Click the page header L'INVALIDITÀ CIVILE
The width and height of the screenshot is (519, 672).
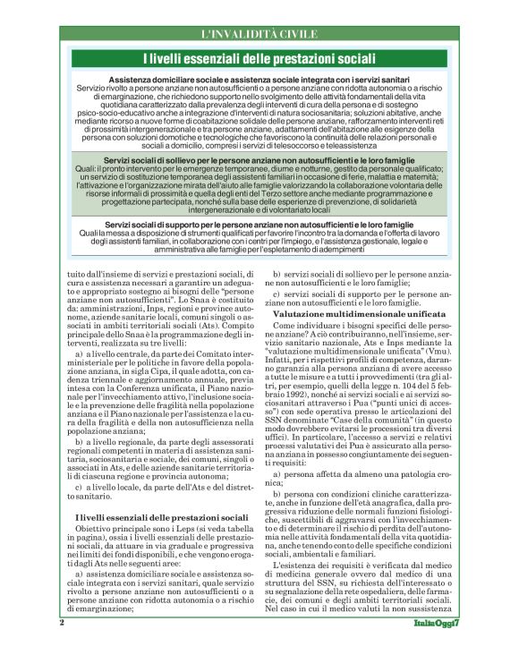click(259, 34)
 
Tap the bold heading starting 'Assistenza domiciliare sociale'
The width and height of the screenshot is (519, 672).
click(259, 80)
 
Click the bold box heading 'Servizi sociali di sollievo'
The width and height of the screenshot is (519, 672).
click(259, 159)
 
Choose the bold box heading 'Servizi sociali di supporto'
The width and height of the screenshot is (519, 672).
click(259, 224)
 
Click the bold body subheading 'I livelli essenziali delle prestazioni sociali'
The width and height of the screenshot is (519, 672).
click(160, 518)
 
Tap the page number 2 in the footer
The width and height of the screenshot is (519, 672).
click(63, 646)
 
